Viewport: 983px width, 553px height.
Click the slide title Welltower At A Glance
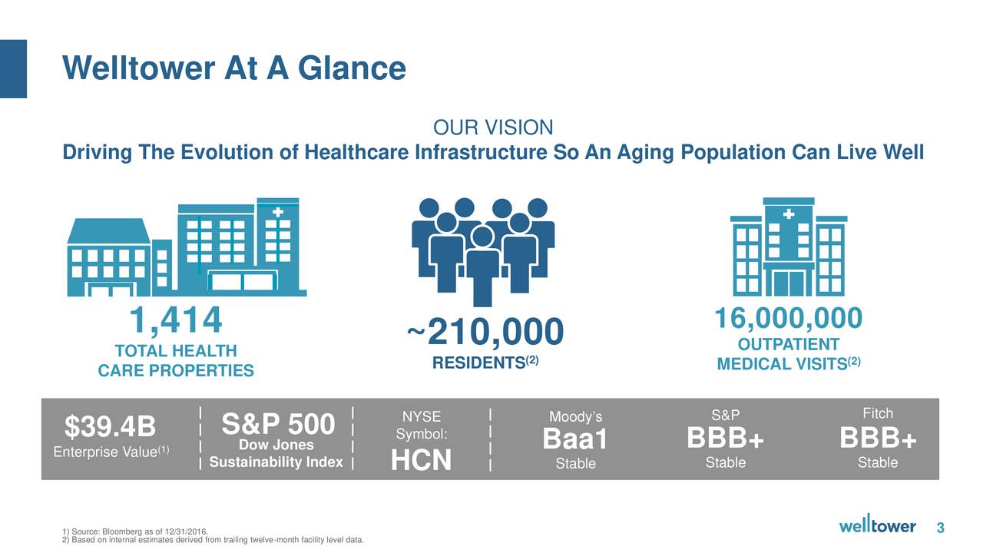[234, 68]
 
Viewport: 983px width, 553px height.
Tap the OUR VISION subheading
[493, 127]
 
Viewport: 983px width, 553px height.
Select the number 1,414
[176, 320]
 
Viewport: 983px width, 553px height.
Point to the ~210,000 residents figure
[485, 332]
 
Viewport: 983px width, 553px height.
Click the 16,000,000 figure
[789, 318]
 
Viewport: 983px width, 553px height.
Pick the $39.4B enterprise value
[110, 426]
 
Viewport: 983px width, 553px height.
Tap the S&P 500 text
[278, 423]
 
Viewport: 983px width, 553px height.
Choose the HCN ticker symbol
[422, 460]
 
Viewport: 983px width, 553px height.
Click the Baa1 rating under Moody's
[575, 439]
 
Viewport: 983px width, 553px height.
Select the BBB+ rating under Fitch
[878, 438]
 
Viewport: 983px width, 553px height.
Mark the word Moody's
[576, 416]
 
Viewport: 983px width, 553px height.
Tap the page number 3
[941, 527]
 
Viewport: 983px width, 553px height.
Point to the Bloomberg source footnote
[135, 531]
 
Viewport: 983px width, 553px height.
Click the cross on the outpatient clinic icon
[789, 214]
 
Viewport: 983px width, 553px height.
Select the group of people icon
[483, 252]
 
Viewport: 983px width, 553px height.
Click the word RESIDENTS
[478, 363]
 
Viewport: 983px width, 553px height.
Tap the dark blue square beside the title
[13, 69]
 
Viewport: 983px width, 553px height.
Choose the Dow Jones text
[276, 445]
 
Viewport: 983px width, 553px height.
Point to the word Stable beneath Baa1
[576, 463]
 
